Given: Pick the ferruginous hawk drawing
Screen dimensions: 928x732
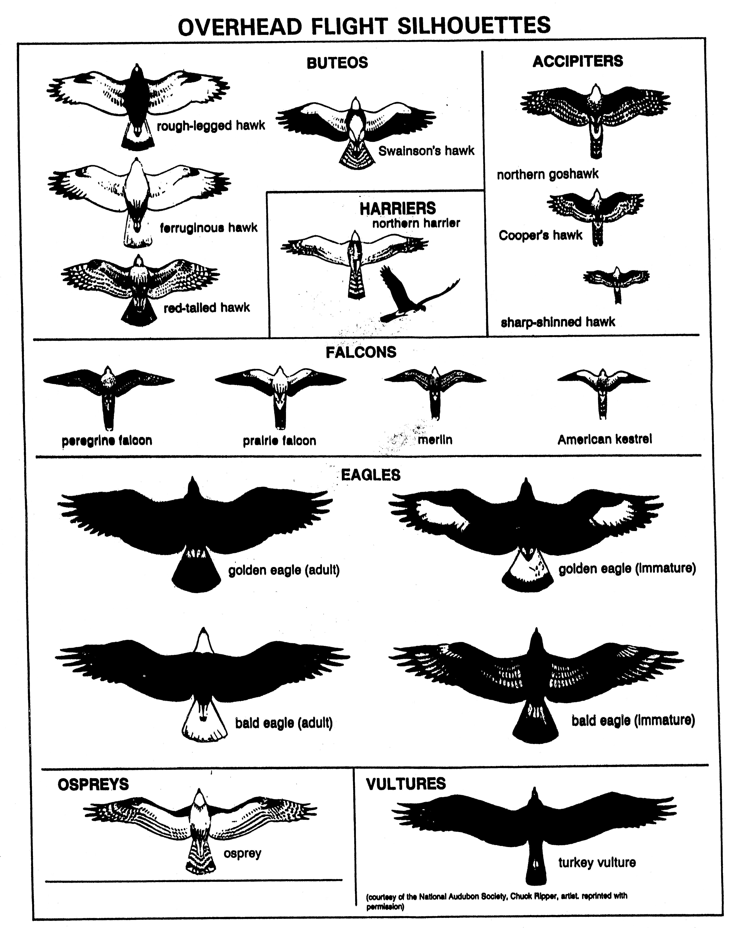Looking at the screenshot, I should click(137, 193).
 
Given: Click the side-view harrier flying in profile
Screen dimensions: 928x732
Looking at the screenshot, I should click(407, 296).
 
